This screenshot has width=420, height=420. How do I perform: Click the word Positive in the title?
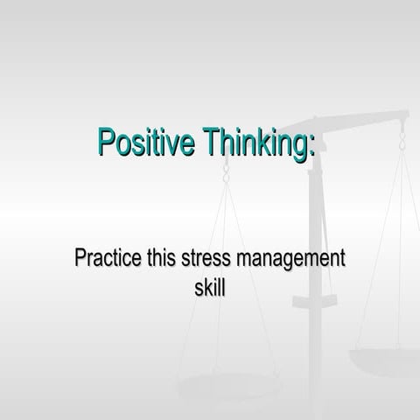point(146,141)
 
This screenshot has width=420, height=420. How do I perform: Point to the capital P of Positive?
point(107,141)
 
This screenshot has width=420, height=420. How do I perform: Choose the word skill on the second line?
point(209,286)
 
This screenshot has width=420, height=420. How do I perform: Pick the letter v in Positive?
point(172,143)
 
